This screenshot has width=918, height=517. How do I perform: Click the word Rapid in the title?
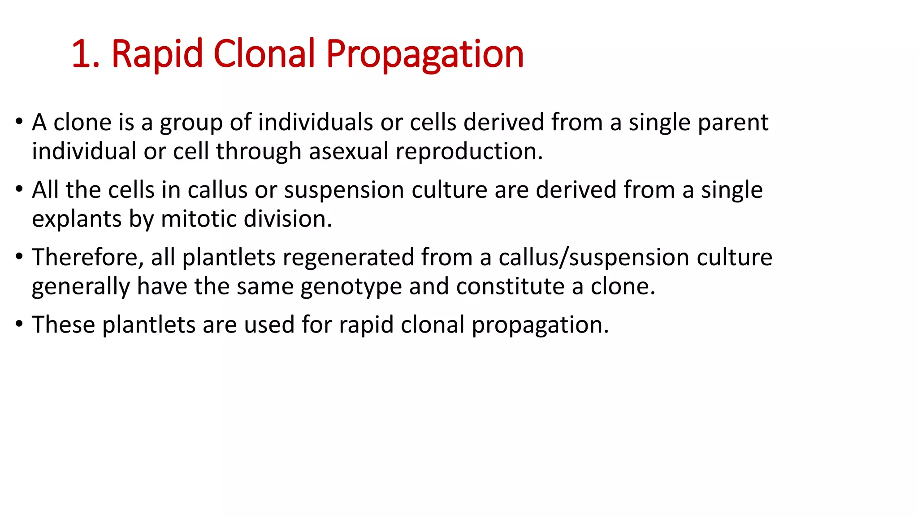click(x=157, y=54)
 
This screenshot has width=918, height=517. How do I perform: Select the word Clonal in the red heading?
click(x=264, y=54)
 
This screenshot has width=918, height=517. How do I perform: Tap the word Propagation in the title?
click(x=424, y=54)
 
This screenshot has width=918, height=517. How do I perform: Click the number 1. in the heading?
click(x=85, y=54)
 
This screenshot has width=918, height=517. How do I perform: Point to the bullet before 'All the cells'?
click(x=19, y=189)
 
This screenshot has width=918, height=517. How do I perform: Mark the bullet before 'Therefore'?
click(x=19, y=256)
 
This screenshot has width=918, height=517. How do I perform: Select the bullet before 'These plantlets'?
click(x=19, y=324)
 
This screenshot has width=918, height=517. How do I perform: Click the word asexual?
click(x=348, y=151)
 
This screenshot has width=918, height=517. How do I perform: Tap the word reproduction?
click(x=469, y=151)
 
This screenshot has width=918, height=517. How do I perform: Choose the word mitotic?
click(x=199, y=219)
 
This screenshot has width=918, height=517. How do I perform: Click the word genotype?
click(x=351, y=287)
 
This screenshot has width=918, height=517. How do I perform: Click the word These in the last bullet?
click(x=63, y=324)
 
